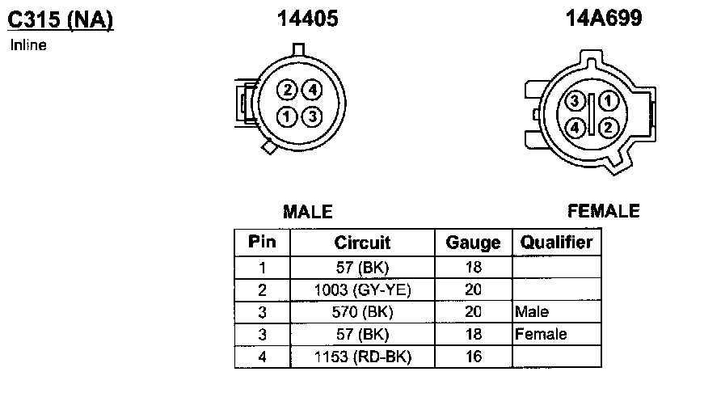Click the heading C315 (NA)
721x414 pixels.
pyautogui.click(x=61, y=19)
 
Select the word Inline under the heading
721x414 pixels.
pyautogui.click(x=28, y=45)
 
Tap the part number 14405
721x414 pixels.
pyautogui.click(x=308, y=19)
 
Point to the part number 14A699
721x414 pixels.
pyautogui.click(x=603, y=19)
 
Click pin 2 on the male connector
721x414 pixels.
pyautogui.click(x=288, y=90)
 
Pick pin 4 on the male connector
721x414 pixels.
pyautogui.click(x=312, y=90)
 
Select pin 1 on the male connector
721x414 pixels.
pyautogui.click(x=286, y=116)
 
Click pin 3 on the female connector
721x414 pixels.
pyautogui.click(x=575, y=101)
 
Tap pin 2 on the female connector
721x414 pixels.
pyautogui.click(x=607, y=127)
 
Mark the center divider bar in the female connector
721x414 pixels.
pyautogui.click(x=592, y=114)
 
